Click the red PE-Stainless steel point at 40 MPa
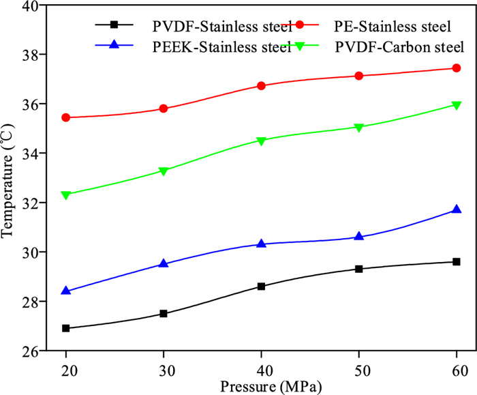point(261,85)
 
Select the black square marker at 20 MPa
point(66,328)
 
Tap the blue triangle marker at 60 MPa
point(457,209)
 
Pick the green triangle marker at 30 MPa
point(164,171)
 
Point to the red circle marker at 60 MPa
point(457,68)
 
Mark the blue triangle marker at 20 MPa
point(66,291)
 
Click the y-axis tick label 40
point(29,5)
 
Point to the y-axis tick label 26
point(29,351)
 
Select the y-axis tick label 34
point(29,153)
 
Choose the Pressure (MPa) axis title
point(261,385)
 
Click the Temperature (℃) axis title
point(9,178)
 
